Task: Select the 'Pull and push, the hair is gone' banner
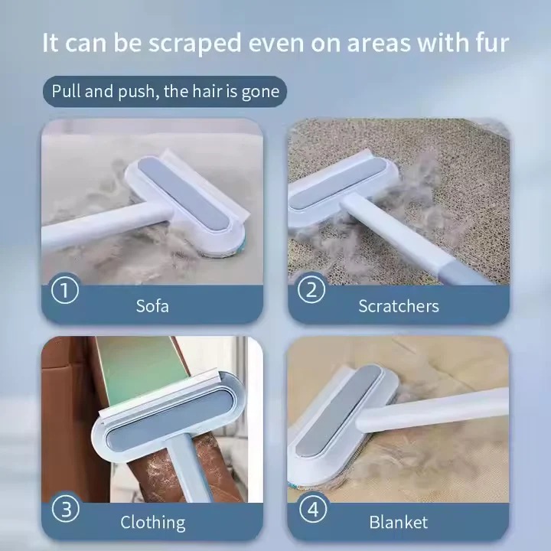pyautogui.click(x=165, y=93)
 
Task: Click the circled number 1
pyautogui.click(x=65, y=291)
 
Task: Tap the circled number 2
pyautogui.click(x=311, y=290)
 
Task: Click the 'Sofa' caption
pyautogui.click(x=152, y=306)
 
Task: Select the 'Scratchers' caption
pyautogui.click(x=398, y=306)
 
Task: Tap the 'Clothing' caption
pyautogui.click(x=152, y=523)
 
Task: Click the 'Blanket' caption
pyautogui.click(x=398, y=523)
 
